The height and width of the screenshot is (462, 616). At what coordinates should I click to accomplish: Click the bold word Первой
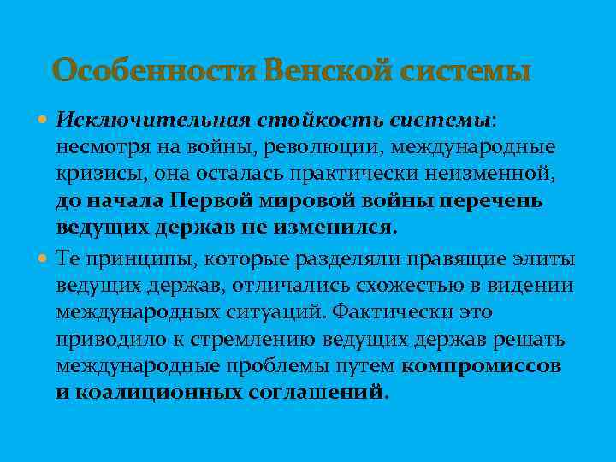tap(214, 201)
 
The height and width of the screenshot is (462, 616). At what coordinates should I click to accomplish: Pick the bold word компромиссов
tap(482, 367)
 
